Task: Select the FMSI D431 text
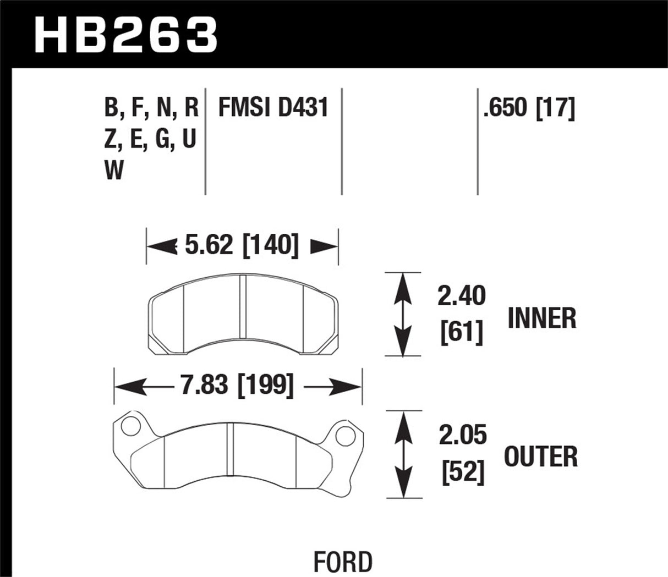tap(273, 108)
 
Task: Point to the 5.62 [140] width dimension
tap(242, 245)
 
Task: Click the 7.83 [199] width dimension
tap(237, 386)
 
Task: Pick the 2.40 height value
tap(462, 297)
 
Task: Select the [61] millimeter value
tap(462, 332)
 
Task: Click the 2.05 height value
tap(463, 436)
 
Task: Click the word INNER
tap(542, 318)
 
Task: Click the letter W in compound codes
tap(114, 172)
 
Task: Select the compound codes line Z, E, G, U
tap(150, 140)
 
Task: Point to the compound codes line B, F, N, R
tap(151, 108)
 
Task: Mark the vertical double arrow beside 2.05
tap(404, 454)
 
